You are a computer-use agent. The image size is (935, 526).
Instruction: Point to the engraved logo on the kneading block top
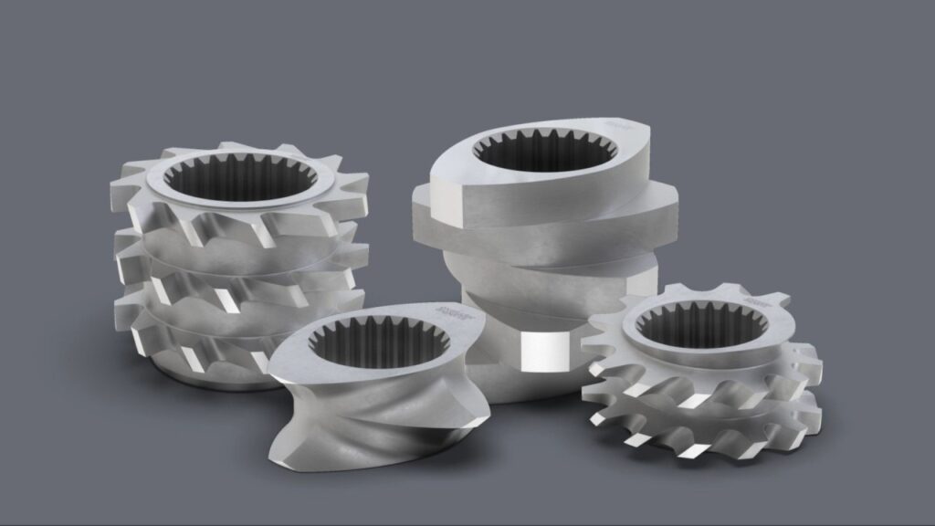(x=621, y=121)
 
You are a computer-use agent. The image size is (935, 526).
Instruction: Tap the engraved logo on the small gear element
(x=754, y=299)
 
